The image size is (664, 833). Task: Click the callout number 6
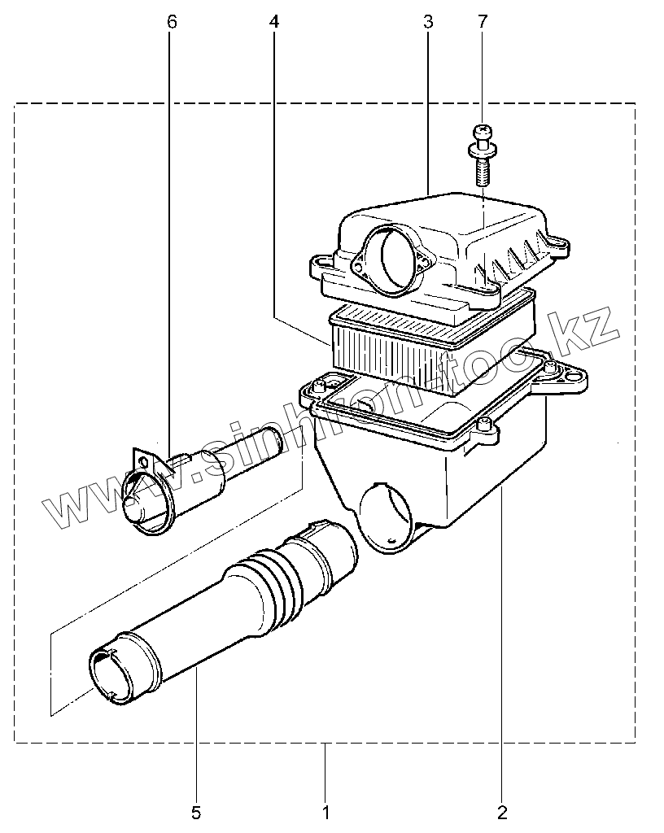click(171, 22)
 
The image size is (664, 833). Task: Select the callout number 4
click(273, 22)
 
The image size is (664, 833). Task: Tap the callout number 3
click(428, 22)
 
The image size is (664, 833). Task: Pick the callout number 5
click(196, 811)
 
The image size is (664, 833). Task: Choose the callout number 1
click(325, 811)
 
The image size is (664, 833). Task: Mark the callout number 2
click(501, 811)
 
